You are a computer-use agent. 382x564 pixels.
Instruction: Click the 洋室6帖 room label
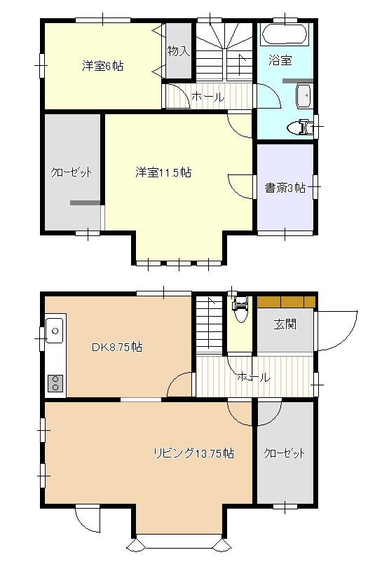click(x=102, y=67)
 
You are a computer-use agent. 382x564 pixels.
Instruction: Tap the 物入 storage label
click(x=178, y=50)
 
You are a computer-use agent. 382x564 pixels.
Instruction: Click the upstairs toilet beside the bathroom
click(x=304, y=127)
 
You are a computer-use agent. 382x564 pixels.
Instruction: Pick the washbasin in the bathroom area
click(x=304, y=96)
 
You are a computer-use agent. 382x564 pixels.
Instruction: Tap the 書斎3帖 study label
click(x=285, y=187)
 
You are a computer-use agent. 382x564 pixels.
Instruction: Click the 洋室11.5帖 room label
click(x=163, y=172)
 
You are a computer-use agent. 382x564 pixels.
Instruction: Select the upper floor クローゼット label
click(x=71, y=172)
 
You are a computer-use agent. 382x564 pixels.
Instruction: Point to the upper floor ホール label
click(x=207, y=97)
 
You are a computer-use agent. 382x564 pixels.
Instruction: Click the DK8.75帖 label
click(x=117, y=347)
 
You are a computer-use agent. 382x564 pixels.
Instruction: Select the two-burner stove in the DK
click(x=55, y=382)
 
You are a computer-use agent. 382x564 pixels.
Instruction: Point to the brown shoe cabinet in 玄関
click(x=285, y=302)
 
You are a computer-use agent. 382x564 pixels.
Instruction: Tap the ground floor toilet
click(x=240, y=309)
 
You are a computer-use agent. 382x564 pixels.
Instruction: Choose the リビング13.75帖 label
click(x=193, y=453)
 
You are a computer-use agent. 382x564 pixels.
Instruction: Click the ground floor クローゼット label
click(x=284, y=453)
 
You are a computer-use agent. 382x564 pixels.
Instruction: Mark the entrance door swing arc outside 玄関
click(x=336, y=329)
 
